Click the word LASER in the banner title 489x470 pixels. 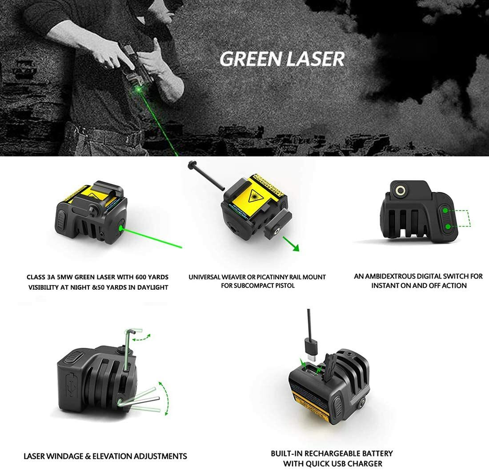[317, 59]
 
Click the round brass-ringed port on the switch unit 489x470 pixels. [401, 191]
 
